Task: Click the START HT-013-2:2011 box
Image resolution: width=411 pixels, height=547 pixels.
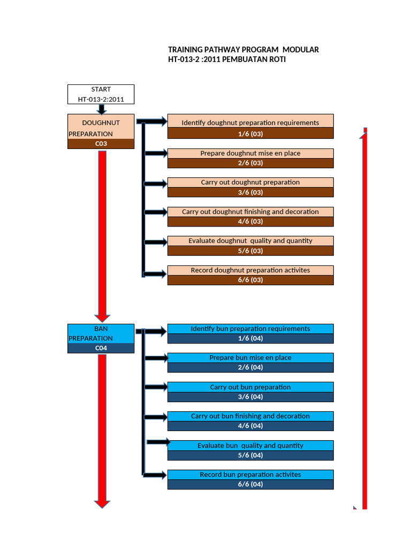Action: (x=101, y=94)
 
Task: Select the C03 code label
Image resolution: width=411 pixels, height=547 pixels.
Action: (x=101, y=144)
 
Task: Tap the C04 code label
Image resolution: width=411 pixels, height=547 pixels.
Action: (x=101, y=348)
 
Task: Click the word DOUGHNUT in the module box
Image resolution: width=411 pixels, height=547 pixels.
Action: (x=101, y=123)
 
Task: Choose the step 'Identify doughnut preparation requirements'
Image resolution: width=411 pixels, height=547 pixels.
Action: (x=250, y=123)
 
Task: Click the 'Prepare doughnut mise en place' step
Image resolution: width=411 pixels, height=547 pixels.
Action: (x=250, y=153)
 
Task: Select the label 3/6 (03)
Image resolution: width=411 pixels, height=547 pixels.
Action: (x=250, y=192)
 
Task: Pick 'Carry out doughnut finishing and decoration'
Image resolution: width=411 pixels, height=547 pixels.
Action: (x=250, y=212)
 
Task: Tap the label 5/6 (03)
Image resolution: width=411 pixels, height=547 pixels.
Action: (x=250, y=251)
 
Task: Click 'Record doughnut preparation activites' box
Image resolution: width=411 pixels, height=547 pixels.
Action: (x=250, y=270)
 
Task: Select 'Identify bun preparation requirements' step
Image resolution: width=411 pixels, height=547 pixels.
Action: (x=250, y=329)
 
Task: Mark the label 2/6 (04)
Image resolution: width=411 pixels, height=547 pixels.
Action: (x=250, y=368)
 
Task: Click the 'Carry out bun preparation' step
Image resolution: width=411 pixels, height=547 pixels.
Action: (x=250, y=387)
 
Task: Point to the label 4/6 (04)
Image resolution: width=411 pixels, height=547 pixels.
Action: (x=250, y=426)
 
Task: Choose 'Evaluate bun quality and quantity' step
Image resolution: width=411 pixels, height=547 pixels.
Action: (x=250, y=446)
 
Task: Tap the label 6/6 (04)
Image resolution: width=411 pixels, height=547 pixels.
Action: (x=250, y=485)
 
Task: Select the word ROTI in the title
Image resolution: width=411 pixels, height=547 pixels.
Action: (x=277, y=59)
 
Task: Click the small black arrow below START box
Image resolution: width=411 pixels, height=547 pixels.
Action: (x=101, y=109)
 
